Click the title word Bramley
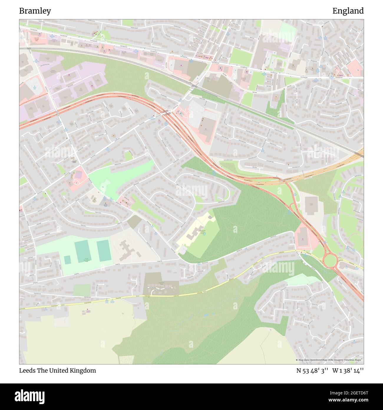[x=35, y=11]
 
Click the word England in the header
[x=348, y=11]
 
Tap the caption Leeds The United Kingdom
[x=57, y=370]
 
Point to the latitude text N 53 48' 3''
[x=312, y=370]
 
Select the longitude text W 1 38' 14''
[x=348, y=370]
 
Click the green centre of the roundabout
[x=330, y=260]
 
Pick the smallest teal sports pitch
[x=67, y=260]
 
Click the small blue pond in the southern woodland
[x=206, y=315]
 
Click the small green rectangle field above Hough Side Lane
[x=82, y=290]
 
